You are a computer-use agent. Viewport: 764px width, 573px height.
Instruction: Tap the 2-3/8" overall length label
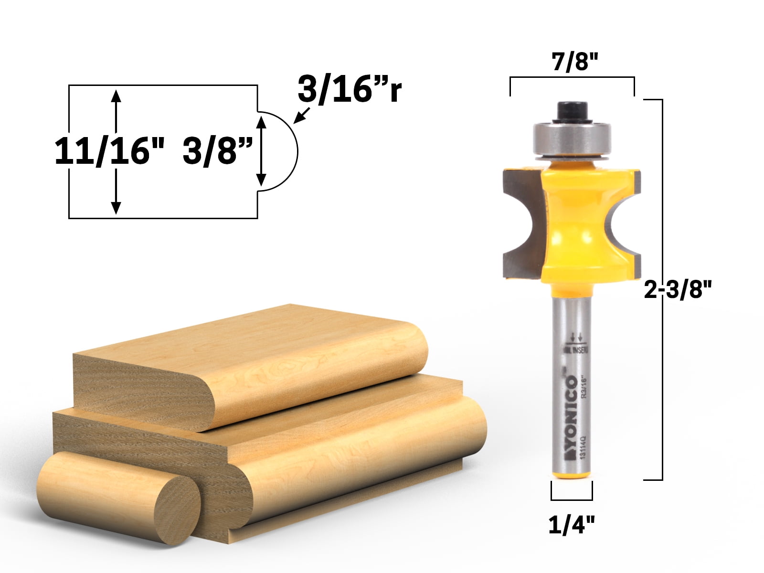click(x=678, y=289)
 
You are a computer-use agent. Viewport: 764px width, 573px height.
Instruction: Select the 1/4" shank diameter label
click(x=572, y=525)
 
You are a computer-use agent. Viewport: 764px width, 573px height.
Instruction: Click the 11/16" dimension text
click(x=109, y=151)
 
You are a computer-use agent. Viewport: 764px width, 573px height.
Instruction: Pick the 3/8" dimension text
click(x=217, y=151)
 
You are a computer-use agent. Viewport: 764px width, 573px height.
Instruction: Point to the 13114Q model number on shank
click(x=583, y=449)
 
